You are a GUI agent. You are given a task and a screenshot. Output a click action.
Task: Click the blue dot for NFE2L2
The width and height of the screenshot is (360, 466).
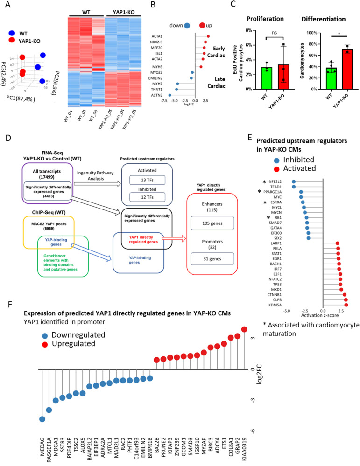tap(293, 181)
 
